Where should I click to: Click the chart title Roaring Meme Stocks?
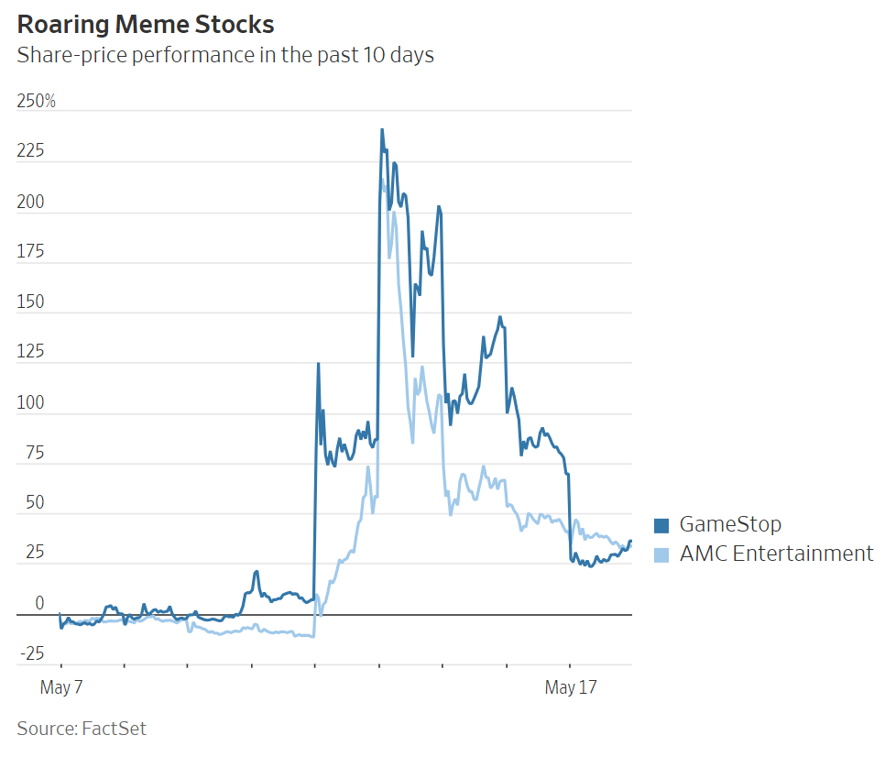[x=146, y=24]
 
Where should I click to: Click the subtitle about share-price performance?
[x=225, y=55]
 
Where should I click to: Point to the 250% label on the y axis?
[x=37, y=102]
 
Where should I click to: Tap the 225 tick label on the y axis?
[x=30, y=152]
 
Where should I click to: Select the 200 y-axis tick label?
[x=30, y=203]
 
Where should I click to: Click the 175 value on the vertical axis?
[x=30, y=253]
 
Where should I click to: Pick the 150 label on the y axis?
[x=30, y=303]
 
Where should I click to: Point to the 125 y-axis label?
[x=30, y=354]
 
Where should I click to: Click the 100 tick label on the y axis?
[x=30, y=404]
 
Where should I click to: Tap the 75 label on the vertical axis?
[x=34, y=455]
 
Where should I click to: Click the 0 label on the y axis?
[x=38, y=604]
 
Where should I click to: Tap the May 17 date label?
[x=572, y=687]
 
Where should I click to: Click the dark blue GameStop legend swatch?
[x=661, y=525]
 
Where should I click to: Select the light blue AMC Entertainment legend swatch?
[x=661, y=554]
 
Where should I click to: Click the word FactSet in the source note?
[x=114, y=730]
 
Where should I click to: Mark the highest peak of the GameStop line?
[x=382, y=130]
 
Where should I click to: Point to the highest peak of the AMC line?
[x=382, y=179]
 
